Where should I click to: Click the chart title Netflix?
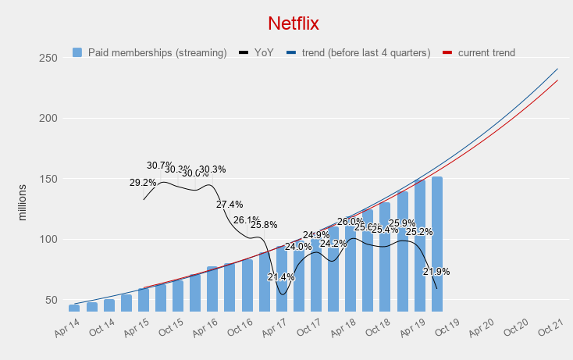click(x=294, y=23)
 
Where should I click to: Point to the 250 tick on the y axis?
click(x=49, y=59)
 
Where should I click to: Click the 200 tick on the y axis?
click(x=49, y=119)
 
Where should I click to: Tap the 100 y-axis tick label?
click(x=49, y=240)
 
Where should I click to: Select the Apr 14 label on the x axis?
click(x=67, y=329)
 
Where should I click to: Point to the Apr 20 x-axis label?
click(x=481, y=329)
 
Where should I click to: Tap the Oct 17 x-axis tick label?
click(x=308, y=329)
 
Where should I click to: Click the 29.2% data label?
click(x=143, y=183)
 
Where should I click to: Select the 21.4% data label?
click(x=281, y=277)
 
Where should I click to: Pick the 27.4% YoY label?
click(x=230, y=205)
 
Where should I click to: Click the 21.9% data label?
click(x=436, y=272)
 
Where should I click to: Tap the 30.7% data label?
click(x=159, y=166)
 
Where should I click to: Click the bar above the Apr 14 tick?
click(x=74, y=307)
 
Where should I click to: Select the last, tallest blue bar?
click(x=437, y=244)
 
